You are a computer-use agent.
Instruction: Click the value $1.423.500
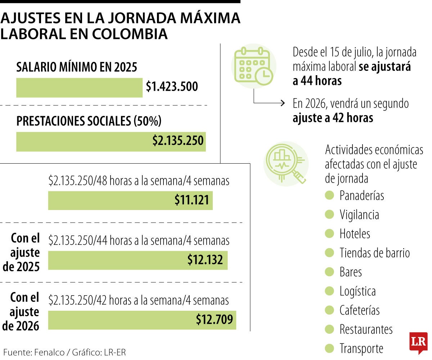(172, 87)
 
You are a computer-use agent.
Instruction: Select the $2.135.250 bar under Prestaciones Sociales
(111, 141)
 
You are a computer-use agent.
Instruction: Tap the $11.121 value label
(192, 200)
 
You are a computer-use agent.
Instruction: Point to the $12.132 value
(205, 260)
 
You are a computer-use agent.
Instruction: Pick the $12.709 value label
(214, 319)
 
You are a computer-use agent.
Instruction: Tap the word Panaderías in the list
(361, 196)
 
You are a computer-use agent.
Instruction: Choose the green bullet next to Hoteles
(329, 234)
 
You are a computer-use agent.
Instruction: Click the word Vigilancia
(359, 215)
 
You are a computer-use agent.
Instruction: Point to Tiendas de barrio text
(374, 253)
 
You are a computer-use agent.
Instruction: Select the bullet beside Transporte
(329, 348)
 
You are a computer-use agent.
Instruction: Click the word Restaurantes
(366, 329)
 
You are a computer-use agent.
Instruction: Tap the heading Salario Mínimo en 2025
(77, 67)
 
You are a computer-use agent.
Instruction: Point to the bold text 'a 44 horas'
(317, 81)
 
